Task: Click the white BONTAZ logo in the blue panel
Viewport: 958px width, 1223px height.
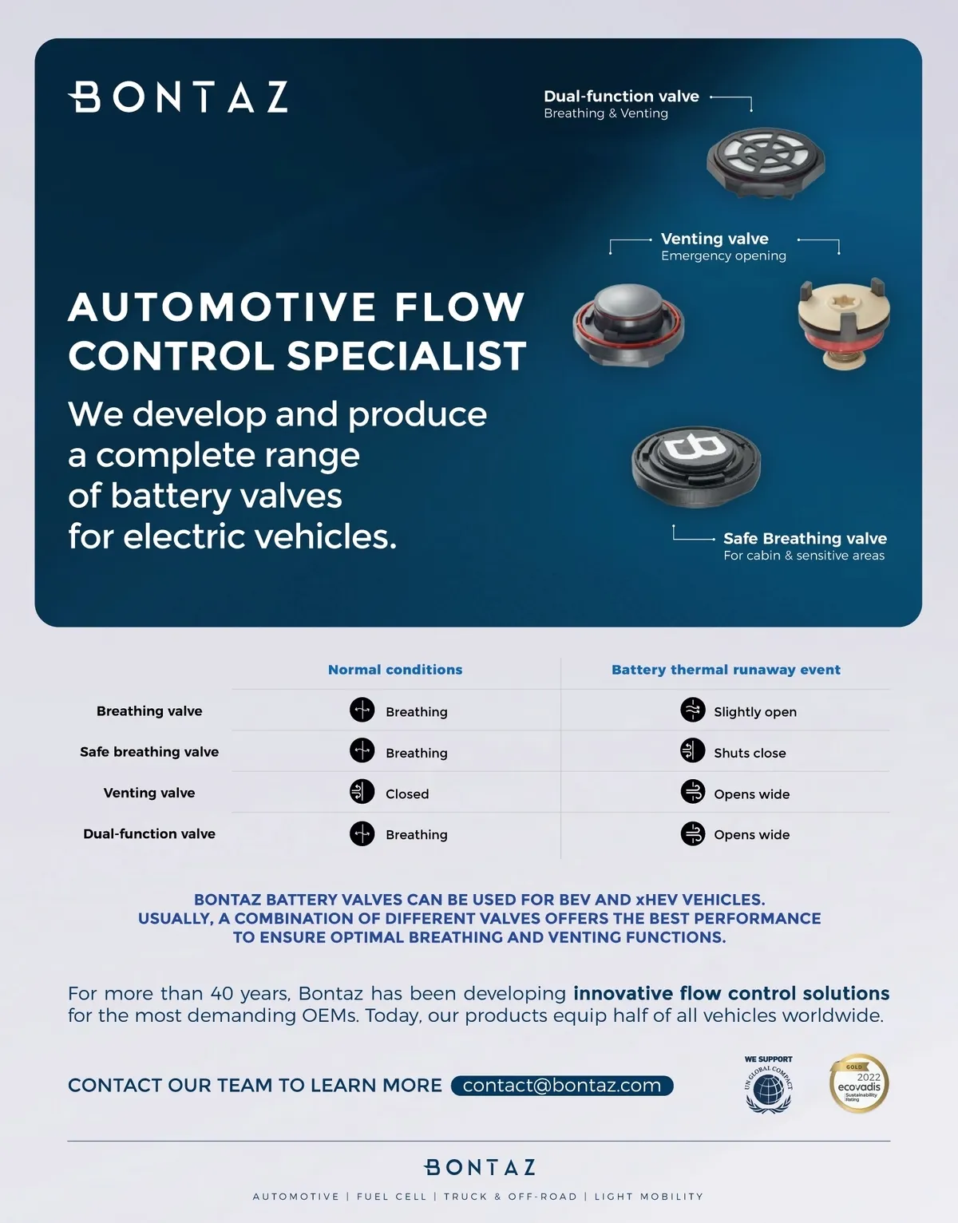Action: click(x=178, y=97)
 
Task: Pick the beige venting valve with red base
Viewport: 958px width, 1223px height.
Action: click(x=844, y=321)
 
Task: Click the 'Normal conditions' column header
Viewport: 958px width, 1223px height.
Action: click(x=395, y=670)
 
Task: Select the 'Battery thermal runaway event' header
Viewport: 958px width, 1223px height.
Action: click(x=726, y=670)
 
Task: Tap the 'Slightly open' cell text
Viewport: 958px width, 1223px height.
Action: click(x=754, y=712)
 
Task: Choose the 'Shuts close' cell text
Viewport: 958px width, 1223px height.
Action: click(x=750, y=753)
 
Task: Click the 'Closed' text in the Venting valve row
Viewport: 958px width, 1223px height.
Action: click(x=407, y=794)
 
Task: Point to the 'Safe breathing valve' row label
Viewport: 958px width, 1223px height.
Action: click(x=149, y=752)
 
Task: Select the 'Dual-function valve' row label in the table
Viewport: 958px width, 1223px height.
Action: click(x=149, y=833)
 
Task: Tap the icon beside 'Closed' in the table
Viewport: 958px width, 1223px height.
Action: click(x=362, y=791)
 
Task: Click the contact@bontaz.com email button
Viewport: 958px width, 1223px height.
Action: click(x=562, y=1086)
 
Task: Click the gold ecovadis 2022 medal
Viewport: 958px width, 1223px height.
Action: click(x=858, y=1083)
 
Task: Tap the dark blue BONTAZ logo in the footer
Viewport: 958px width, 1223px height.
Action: click(x=479, y=1167)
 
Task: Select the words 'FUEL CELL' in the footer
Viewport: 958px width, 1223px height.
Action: click(x=391, y=1197)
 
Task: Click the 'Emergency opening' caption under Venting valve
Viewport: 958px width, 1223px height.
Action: click(x=723, y=256)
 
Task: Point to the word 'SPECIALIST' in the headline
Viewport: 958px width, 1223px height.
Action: click(x=406, y=356)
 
